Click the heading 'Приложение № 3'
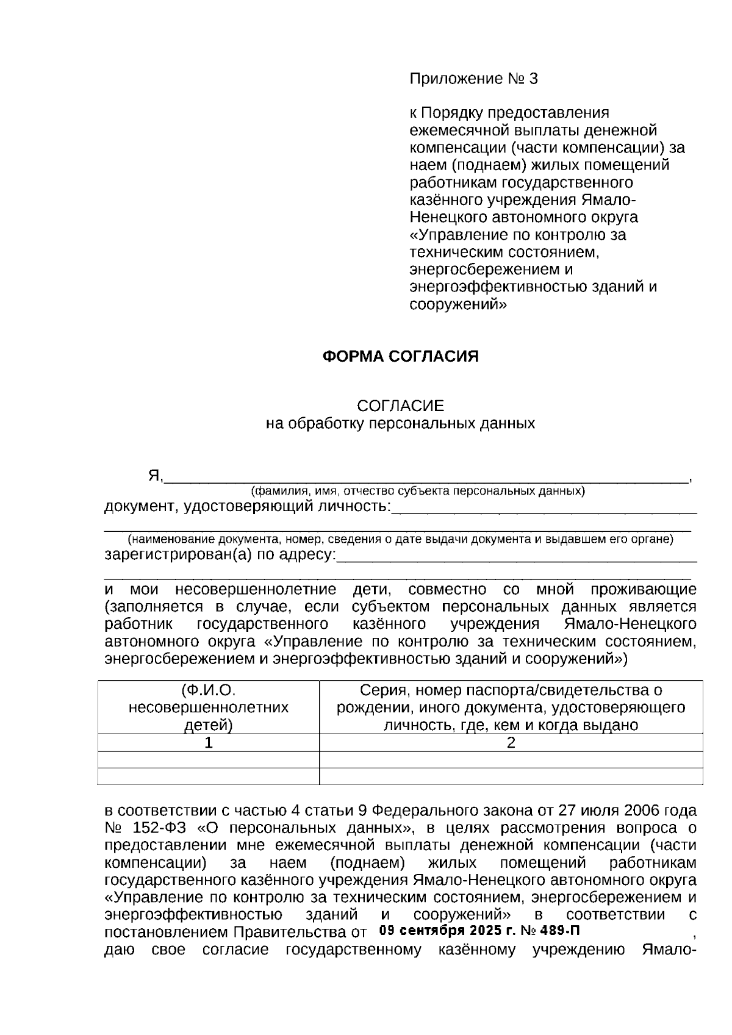point(473,79)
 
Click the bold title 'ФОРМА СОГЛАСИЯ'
point(400,357)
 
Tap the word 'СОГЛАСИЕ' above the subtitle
point(400,406)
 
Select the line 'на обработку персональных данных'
point(400,423)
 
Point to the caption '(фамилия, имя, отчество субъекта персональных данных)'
point(418,491)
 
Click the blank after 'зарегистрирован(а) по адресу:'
point(516,556)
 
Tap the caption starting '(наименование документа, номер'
point(400,540)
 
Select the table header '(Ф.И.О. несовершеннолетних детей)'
point(209,707)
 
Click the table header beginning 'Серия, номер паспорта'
point(511,707)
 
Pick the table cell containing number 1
point(209,743)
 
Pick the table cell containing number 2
point(511,743)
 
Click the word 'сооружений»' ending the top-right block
point(457,304)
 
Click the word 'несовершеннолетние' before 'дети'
point(256,590)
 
